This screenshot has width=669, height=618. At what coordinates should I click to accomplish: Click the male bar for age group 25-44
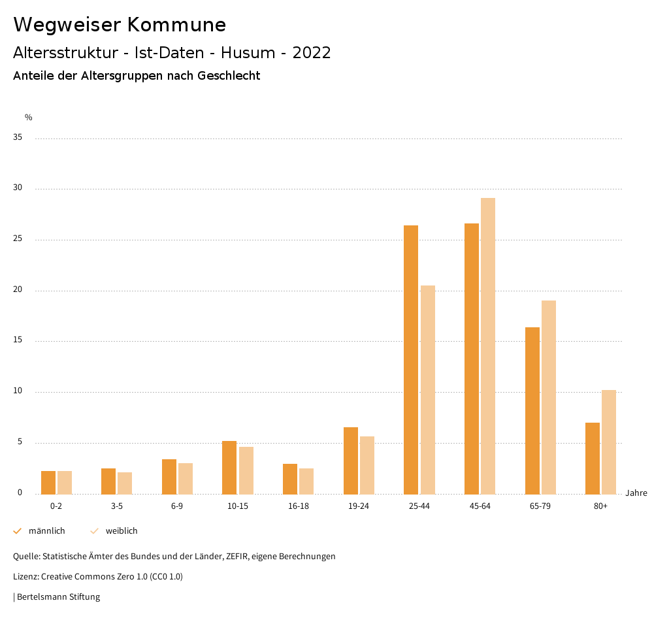[411, 359]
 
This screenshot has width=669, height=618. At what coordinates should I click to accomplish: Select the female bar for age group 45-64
[488, 346]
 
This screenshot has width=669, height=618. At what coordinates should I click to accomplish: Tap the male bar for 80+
[593, 458]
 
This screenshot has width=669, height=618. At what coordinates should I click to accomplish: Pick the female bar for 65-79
[549, 397]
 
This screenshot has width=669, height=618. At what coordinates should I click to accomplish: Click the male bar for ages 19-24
[351, 460]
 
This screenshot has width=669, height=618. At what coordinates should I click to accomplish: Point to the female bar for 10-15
[246, 470]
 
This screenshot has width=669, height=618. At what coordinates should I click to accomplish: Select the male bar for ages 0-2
[48, 482]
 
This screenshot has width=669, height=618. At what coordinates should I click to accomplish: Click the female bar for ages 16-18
[306, 481]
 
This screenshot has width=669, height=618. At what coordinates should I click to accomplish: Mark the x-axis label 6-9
[177, 506]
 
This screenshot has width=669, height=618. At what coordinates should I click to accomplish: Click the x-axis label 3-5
[117, 506]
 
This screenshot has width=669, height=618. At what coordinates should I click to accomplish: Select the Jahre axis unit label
[636, 493]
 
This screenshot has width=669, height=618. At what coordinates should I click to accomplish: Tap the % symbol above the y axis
[29, 118]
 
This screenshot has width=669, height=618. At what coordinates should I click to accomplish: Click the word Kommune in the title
[176, 25]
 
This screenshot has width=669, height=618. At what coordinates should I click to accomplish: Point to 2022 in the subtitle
[312, 53]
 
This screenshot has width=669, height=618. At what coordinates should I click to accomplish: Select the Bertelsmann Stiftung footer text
[58, 597]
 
